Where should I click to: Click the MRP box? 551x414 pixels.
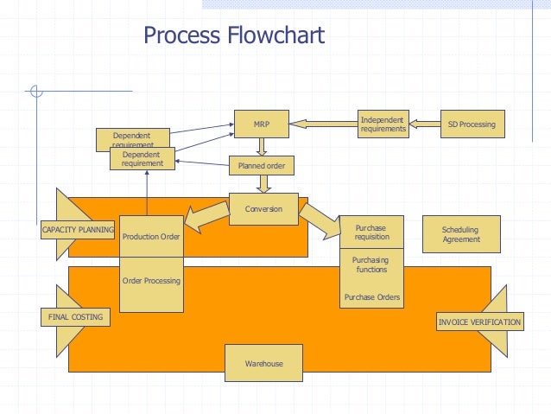[x=262, y=124]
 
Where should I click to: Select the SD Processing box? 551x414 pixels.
[x=472, y=124]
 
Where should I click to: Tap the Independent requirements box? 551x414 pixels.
[x=383, y=124]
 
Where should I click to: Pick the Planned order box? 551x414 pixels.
[x=262, y=166]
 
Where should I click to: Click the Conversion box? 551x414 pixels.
[x=263, y=209]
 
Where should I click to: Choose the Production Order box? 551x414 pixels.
[x=151, y=236]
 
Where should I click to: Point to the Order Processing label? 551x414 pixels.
[x=151, y=281]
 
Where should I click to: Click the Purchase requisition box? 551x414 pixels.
[x=371, y=232]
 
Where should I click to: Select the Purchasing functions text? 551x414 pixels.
[x=370, y=264]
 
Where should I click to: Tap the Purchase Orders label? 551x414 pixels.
[x=372, y=296]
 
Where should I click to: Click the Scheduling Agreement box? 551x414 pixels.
[x=461, y=234]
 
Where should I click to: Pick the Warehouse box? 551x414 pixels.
[x=263, y=363]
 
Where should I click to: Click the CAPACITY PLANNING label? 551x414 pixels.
[x=78, y=230]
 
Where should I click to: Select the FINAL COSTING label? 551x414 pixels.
[x=75, y=317]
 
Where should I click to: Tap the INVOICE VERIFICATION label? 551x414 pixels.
[x=479, y=322]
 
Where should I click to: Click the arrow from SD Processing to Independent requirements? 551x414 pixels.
[x=425, y=124]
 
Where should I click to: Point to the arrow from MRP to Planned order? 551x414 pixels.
[x=262, y=147]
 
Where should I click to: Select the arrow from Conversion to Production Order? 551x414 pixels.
[x=206, y=217]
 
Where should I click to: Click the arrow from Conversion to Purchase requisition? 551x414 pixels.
[x=320, y=221]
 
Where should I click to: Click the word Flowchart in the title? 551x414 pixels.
[x=275, y=35]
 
